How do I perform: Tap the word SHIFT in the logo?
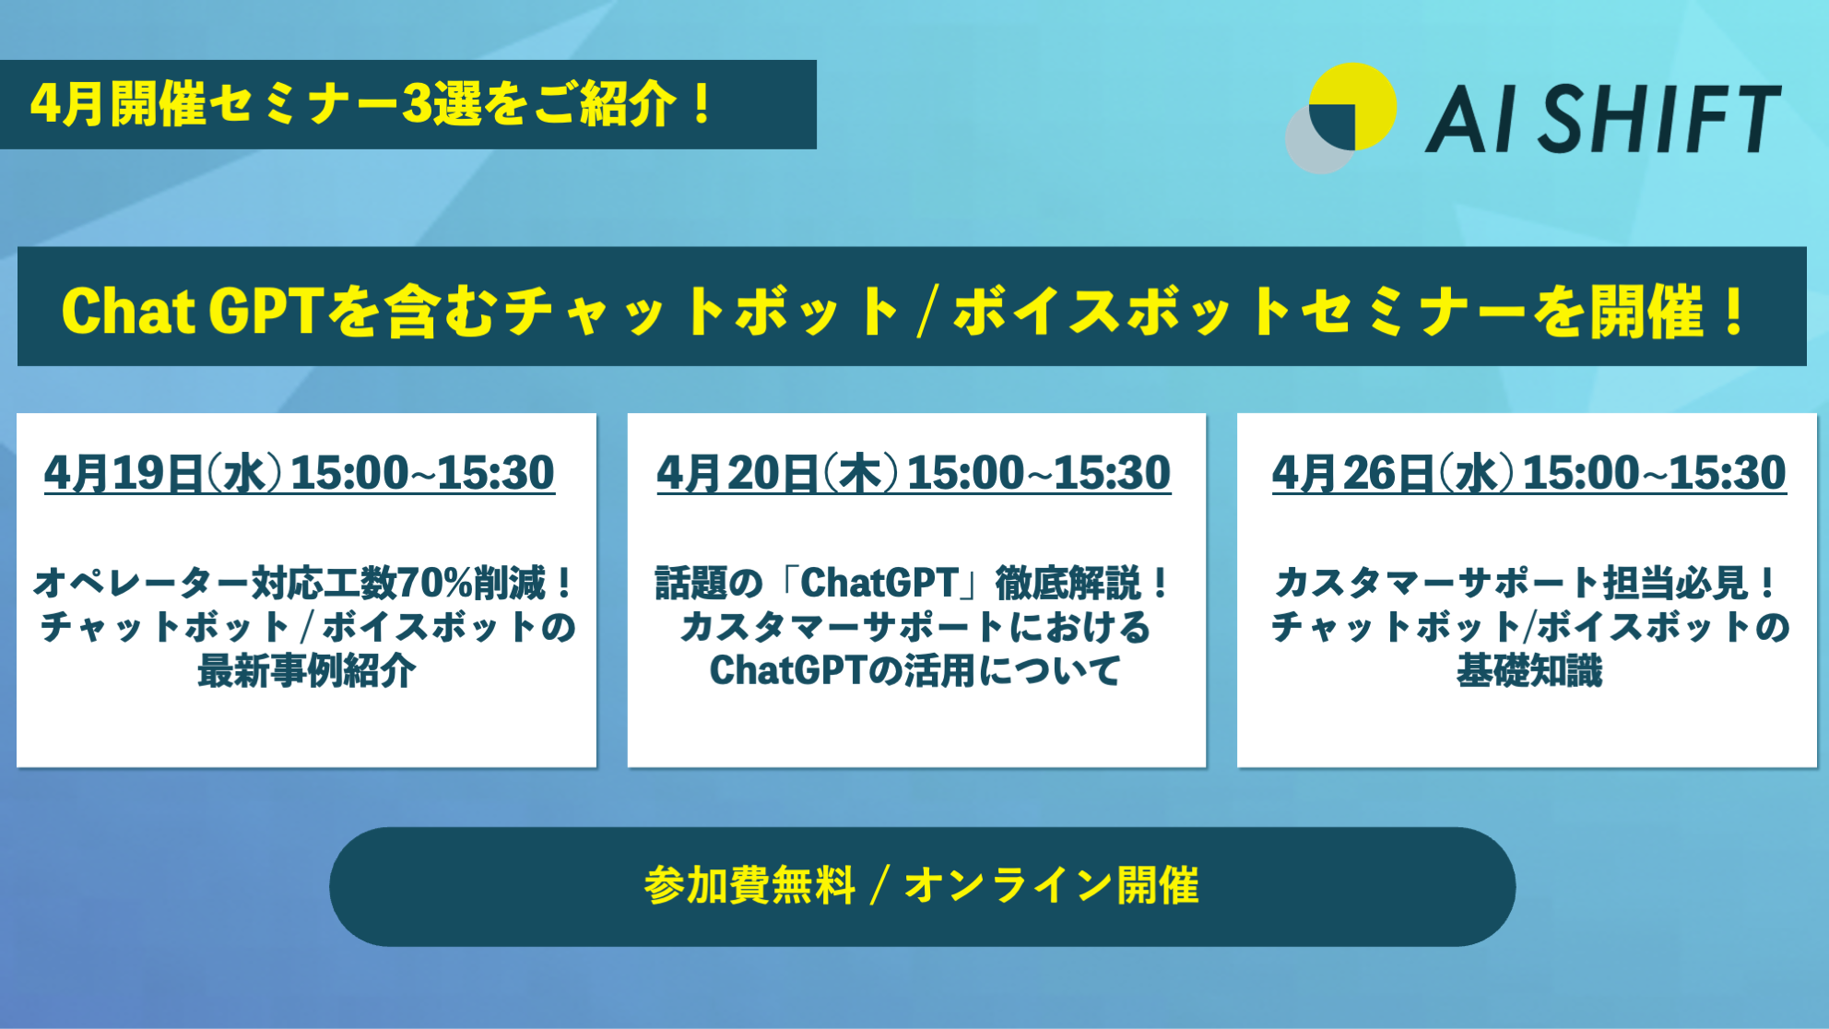coord(1658,118)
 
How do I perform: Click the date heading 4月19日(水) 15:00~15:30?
coord(300,473)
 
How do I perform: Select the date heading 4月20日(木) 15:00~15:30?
coord(914,473)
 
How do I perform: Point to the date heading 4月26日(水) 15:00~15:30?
coord(1529,473)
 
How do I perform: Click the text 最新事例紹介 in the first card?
coord(306,670)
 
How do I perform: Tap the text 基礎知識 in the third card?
coord(1529,670)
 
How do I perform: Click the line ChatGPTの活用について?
coord(915,670)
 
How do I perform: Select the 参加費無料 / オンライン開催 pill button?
coord(922,886)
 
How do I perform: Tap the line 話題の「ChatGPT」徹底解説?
coord(914,583)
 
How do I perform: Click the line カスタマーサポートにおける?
coord(915,627)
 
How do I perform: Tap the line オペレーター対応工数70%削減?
coord(305,583)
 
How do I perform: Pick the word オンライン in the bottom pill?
coord(1009,886)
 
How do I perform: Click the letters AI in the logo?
coord(1471,118)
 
